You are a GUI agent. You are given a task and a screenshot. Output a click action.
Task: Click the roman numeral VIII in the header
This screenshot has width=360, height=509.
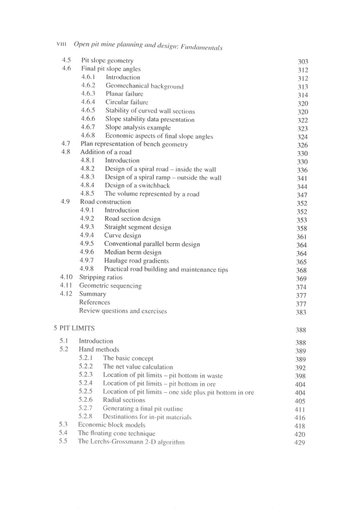[63, 44]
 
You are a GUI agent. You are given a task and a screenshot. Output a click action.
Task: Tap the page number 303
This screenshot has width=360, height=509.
[302, 61]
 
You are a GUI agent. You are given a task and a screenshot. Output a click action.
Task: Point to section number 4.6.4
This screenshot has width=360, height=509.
[88, 102]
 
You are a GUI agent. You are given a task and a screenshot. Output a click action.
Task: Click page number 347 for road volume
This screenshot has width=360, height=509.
[302, 195]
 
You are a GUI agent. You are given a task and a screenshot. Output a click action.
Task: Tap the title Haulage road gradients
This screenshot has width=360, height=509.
[137, 261]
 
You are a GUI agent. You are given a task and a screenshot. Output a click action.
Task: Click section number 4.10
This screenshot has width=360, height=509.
[67, 278]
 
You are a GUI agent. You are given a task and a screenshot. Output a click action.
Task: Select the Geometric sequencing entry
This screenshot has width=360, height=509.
[111, 286]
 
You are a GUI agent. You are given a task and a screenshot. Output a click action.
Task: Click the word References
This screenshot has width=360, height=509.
[94, 302]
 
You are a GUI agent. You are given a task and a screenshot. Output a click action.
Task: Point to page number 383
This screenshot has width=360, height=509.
[301, 312]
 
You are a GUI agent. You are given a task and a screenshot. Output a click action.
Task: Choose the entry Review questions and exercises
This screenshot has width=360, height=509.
[123, 311]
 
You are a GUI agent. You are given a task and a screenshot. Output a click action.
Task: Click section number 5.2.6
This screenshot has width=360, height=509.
[86, 400]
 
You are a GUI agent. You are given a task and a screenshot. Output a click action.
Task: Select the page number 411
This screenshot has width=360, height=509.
[300, 409]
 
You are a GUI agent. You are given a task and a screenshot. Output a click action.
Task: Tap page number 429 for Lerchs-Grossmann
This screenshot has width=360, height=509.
[300, 443]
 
